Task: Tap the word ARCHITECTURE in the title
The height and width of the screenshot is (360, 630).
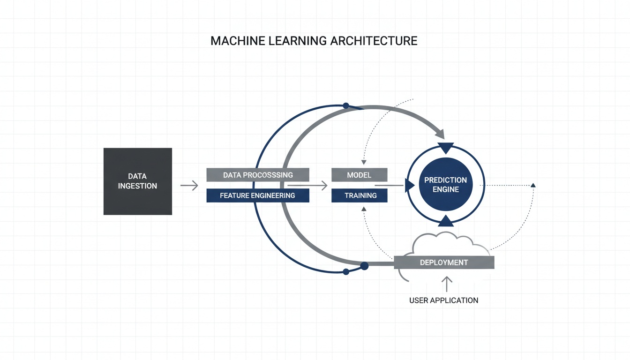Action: coord(374,41)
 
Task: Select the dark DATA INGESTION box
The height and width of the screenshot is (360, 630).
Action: coord(138,181)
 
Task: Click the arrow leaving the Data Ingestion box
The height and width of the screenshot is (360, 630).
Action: coord(189,186)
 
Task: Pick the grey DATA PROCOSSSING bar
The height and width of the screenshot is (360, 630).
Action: coord(258,175)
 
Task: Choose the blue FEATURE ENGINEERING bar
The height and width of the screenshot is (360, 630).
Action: coord(258,195)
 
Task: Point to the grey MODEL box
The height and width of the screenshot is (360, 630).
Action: coord(359,175)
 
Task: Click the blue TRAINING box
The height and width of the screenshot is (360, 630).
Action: coord(359,195)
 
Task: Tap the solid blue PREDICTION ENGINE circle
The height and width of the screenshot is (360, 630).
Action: coord(445,184)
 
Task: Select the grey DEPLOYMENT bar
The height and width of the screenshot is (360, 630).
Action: coord(444,262)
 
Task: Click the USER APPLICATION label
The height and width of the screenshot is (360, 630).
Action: coord(444,300)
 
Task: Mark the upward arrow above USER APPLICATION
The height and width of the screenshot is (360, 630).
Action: coord(447,283)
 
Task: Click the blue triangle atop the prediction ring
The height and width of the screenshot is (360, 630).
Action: coord(446,148)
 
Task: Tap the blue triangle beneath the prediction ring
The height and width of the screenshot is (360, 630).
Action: coord(446,220)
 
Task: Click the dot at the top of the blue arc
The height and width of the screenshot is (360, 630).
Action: coord(346,105)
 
